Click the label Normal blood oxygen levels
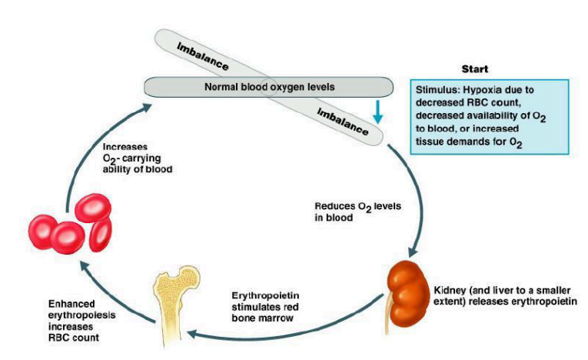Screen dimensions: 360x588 click(269, 87)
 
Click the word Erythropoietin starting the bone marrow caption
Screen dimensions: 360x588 click(264, 296)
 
